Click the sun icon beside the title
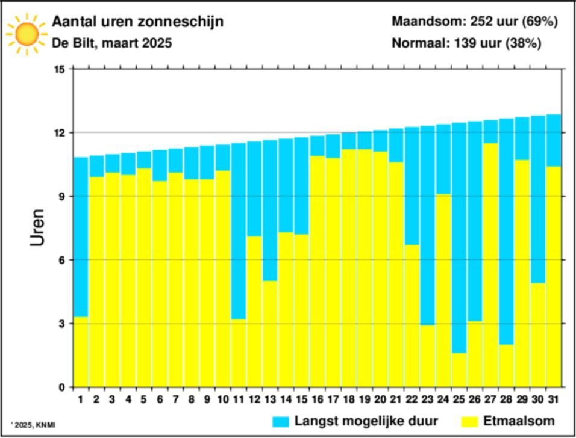pyautogui.click(x=27, y=33)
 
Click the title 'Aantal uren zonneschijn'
pyautogui.click(x=138, y=22)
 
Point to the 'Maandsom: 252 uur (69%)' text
pyautogui.click(x=475, y=22)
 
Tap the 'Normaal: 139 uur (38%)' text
pyautogui.click(x=466, y=44)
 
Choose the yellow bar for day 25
pyautogui.click(x=459, y=369)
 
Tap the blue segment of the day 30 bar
pyautogui.click(x=537, y=199)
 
